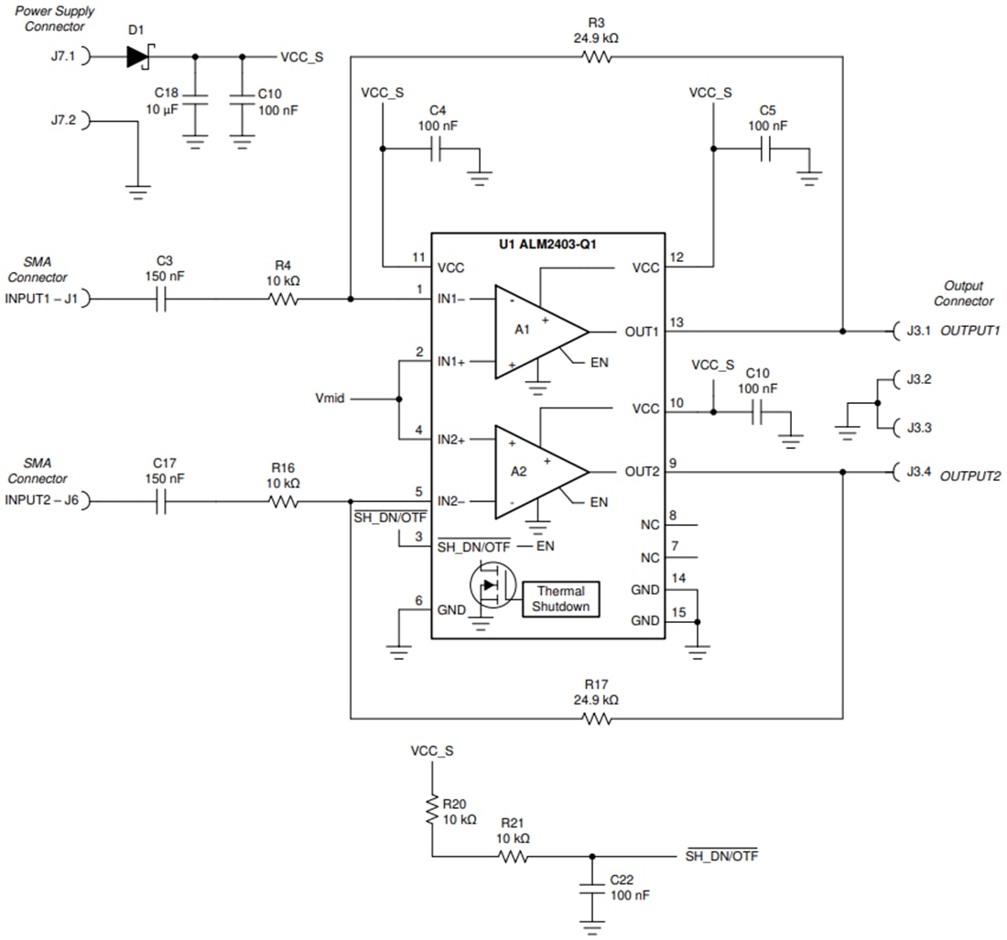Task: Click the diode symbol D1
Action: pos(138,57)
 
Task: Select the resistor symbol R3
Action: pos(596,57)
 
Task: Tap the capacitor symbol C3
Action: pos(164,299)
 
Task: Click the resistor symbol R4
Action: pos(283,299)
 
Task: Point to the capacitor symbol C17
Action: pos(164,502)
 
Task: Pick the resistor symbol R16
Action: pos(283,502)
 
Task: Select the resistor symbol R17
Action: pos(596,719)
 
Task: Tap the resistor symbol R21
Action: pos(513,858)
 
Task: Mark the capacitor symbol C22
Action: pos(592,890)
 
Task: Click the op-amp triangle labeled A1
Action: pos(536,331)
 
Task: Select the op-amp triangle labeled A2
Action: pos(536,471)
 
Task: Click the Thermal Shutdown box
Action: pos(561,599)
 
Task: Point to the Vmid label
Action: pos(330,399)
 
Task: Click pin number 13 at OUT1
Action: pos(677,322)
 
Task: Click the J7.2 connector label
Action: pos(64,120)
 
